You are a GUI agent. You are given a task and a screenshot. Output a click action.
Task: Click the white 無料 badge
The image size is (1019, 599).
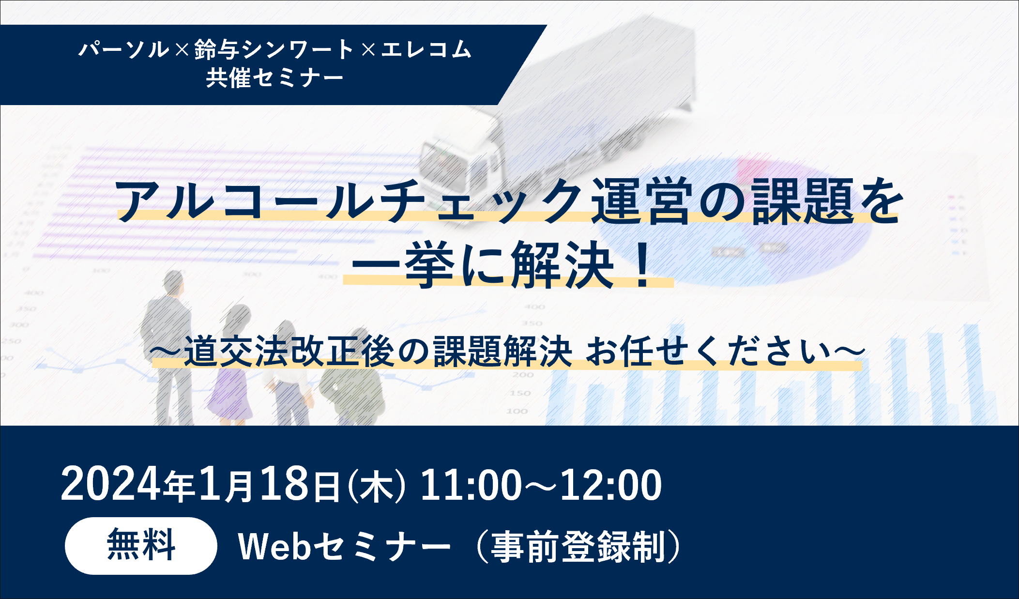pyautogui.click(x=141, y=546)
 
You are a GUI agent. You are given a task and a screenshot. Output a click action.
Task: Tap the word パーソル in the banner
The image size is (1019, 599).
pyautogui.click(x=124, y=49)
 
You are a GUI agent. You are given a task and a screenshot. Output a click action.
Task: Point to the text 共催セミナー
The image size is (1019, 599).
pyautogui.click(x=274, y=77)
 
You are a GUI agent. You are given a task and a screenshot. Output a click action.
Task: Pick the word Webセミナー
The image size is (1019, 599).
pyautogui.click(x=344, y=547)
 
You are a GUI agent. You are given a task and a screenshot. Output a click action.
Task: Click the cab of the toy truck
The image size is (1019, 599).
pyautogui.click(x=460, y=160)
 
